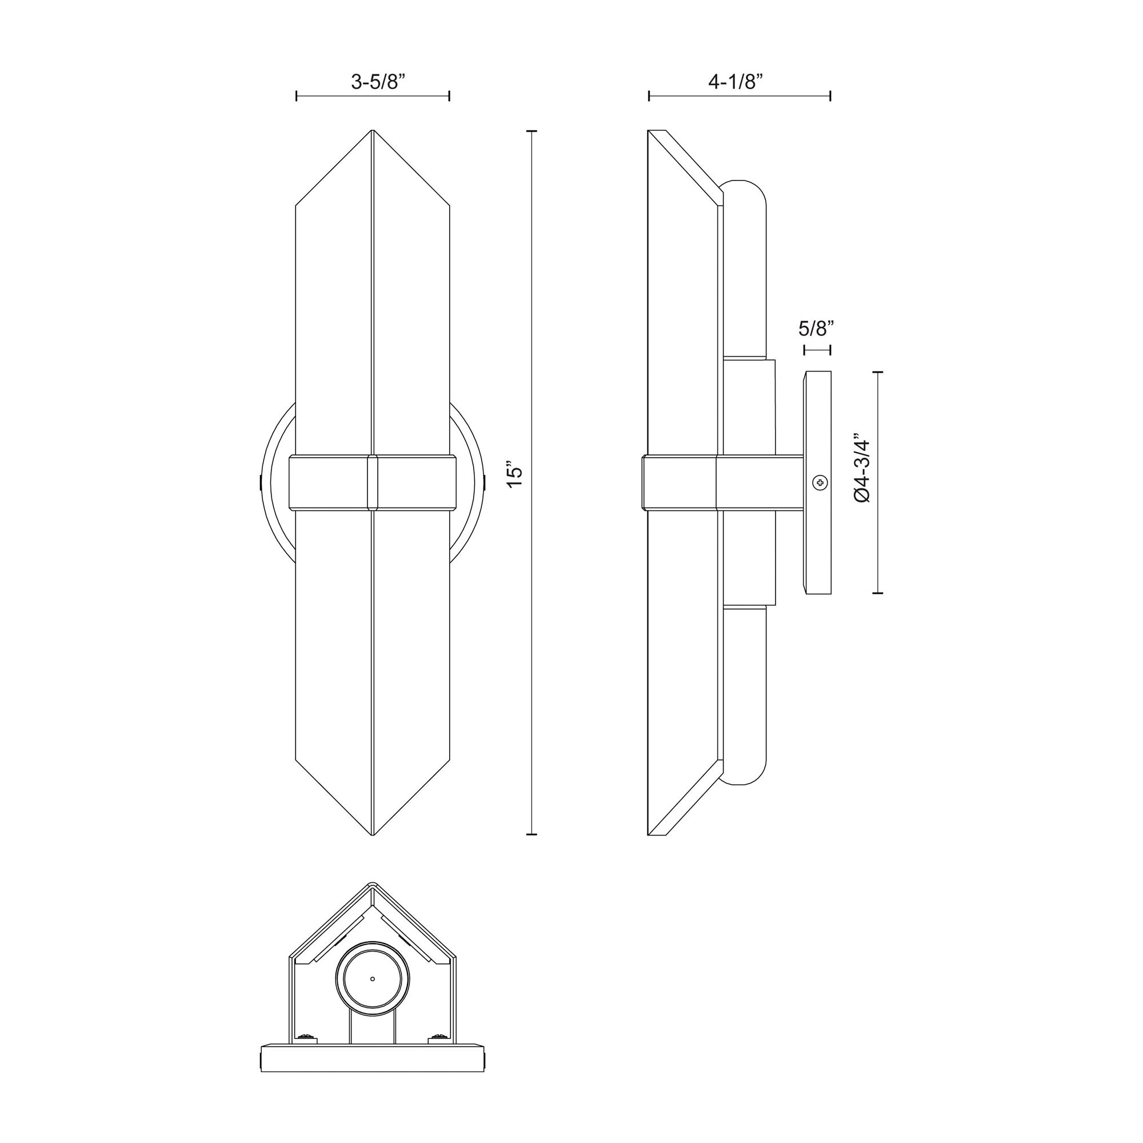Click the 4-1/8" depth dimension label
[739, 82]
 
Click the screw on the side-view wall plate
[820, 483]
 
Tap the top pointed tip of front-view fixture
[372, 131]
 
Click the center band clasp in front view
[372, 482]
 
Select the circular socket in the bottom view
[372, 978]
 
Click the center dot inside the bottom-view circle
[372, 978]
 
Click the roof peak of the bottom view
[372, 901]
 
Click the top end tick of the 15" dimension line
[531, 131]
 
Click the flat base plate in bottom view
[372, 1074]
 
